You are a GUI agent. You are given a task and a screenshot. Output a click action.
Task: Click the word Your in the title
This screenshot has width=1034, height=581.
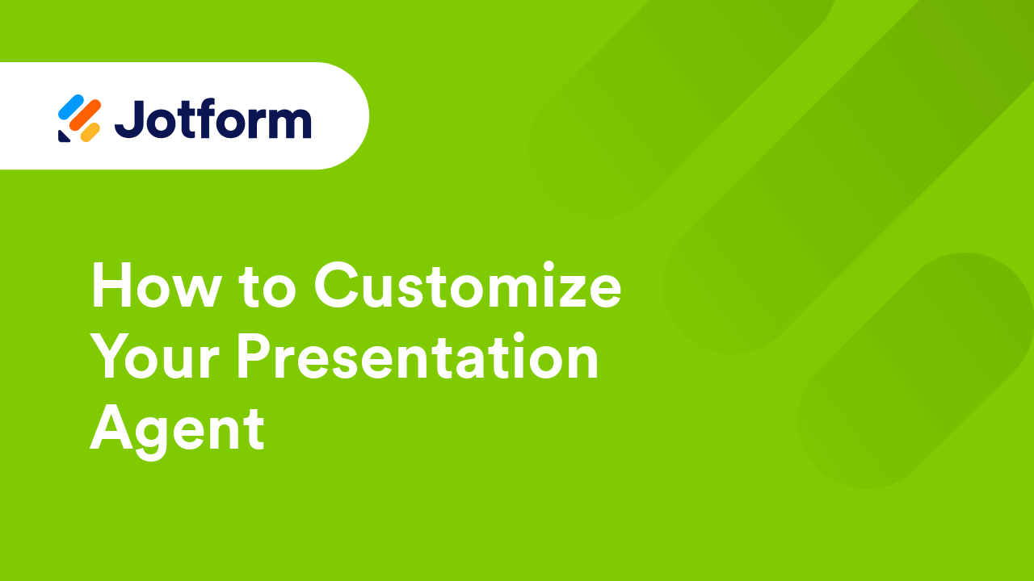pyautogui.click(x=154, y=357)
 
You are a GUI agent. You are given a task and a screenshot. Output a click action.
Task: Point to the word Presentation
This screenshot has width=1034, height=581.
pyautogui.click(x=418, y=357)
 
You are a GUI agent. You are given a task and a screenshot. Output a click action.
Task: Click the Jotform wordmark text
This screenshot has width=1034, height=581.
pyautogui.click(x=212, y=119)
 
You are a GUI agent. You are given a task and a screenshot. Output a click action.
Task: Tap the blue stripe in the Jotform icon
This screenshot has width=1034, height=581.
pyautogui.click(x=70, y=106)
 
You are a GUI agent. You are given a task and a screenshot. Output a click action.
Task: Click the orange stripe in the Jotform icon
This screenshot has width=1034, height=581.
pyautogui.click(x=84, y=116)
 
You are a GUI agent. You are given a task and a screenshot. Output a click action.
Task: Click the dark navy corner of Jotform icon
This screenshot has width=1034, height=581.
pyautogui.click(x=63, y=136)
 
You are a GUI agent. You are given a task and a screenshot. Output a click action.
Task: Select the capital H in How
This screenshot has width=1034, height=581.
pyautogui.click(x=112, y=286)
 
